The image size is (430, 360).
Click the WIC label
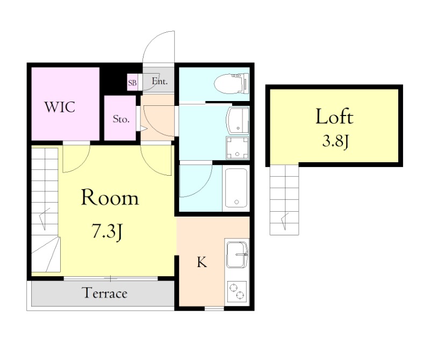click(x=60, y=107)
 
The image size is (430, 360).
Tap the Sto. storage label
click(x=121, y=119)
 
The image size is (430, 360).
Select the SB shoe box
click(x=132, y=82)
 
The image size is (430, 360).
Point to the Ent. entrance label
click(x=159, y=81)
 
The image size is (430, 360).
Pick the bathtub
click(x=236, y=188)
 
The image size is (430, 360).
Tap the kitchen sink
click(x=237, y=255)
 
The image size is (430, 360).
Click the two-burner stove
click(x=237, y=291)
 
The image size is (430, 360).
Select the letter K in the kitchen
click(x=202, y=262)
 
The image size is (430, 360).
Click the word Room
click(x=110, y=197)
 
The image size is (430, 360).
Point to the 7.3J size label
click(x=107, y=232)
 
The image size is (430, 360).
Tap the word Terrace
click(x=105, y=293)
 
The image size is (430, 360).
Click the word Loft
click(x=334, y=117)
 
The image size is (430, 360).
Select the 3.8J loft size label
click(x=335, y=142)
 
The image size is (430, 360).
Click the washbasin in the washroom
click(x=238, y=120)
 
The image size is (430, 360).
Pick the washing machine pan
click(x=238, y=147)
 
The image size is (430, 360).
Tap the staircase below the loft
click(x=284, y=200)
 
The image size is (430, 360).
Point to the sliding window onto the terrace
click(x=111, y=279)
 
